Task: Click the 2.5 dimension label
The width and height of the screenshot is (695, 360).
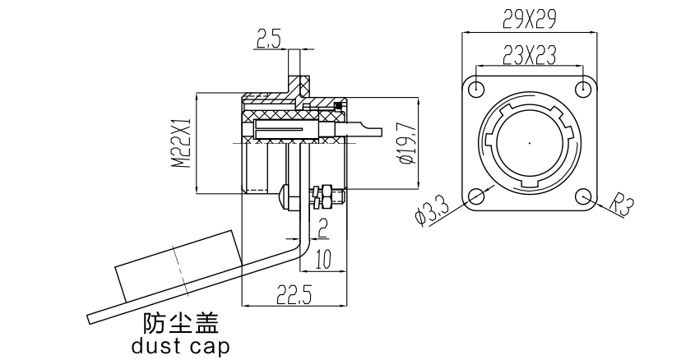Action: tap(268, 39)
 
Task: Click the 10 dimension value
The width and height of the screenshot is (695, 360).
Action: tap(322, 261)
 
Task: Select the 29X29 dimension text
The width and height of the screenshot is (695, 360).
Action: tap(529, 16)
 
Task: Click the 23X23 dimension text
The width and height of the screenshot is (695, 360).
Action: tap(529, 54)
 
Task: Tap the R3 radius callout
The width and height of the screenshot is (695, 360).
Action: tap(625, 205)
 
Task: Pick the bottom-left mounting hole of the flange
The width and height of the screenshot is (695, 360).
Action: tap(475, 196)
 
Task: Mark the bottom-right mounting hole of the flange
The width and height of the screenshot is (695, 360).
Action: tap(584, 196)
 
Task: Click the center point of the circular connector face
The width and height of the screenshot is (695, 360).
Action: tap(530, 141)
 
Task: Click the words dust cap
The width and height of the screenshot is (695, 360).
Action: tap(180, 345)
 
